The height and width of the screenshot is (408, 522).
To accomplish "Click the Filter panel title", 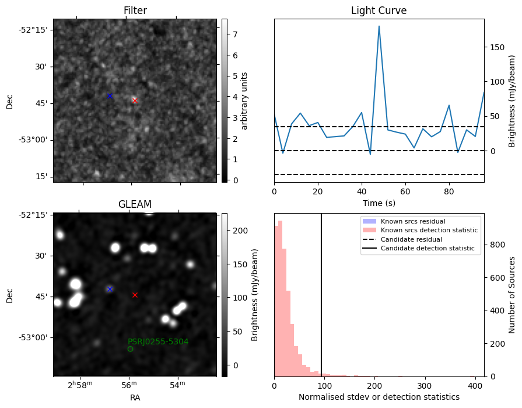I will click(x=135, y=11).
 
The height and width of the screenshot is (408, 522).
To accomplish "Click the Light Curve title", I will click(x=379, y=11).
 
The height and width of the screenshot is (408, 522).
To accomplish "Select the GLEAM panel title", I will click(x=135, y=204).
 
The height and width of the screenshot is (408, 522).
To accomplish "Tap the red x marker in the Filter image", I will click(x=135, y=100).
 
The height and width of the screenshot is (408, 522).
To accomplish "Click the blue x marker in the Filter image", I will click(x=109, y=96).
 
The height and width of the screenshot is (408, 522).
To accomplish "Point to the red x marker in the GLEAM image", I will click(x=135, y=295).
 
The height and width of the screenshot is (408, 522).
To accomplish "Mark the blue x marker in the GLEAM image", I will click(x=109, y=289).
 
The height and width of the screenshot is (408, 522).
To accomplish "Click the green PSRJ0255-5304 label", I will click(x=158, y=341).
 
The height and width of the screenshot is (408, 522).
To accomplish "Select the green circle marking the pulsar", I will click(x=130, y=349).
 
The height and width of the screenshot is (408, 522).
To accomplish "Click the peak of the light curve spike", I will click(x=379, y=26).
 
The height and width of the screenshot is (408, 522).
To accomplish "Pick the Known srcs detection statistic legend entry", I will click(x=429, y=230).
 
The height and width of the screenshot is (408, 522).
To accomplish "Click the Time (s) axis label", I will click(x=379, y=204).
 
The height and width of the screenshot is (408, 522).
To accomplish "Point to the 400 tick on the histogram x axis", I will click(x=475, y=386).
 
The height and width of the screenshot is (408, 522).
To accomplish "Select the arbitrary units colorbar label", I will click(x=244, y=100).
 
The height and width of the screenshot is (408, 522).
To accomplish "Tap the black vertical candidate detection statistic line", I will click(x=321, y=304).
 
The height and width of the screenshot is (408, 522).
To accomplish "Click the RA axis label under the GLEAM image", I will click(x=135, y=397).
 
